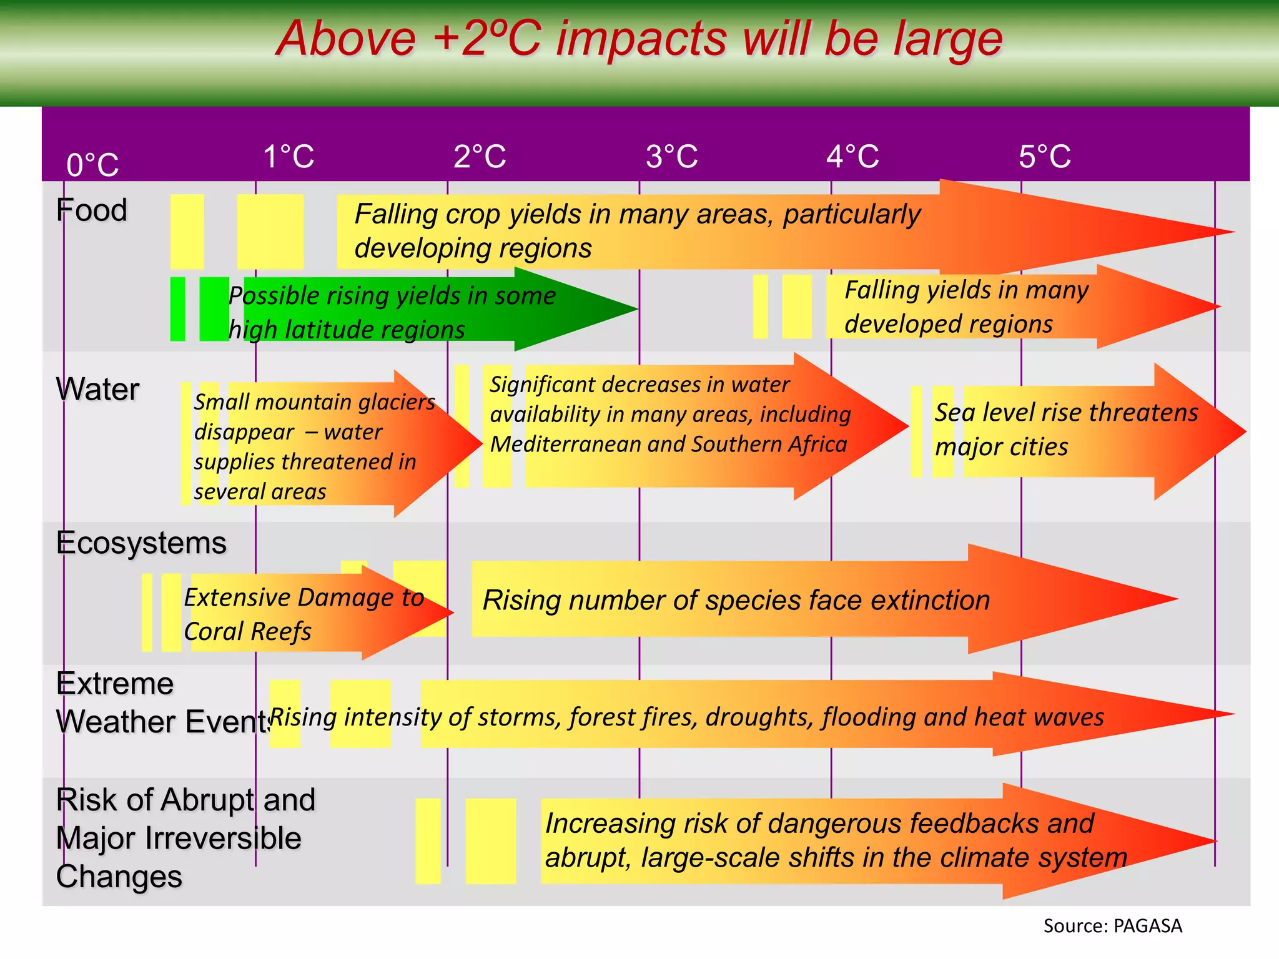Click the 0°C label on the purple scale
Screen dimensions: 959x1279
(92, 165)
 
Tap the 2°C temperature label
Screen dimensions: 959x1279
(480, 156)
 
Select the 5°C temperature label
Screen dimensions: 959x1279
(1045, 156)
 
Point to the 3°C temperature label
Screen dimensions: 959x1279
(672, 156)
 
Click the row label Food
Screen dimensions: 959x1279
(92, 210)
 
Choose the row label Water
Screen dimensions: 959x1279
(97, 389)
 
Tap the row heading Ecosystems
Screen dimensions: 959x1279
(141, 543)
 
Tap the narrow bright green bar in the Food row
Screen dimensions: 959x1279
(178, 309)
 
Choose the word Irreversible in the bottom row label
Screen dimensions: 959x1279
(232, 839)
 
